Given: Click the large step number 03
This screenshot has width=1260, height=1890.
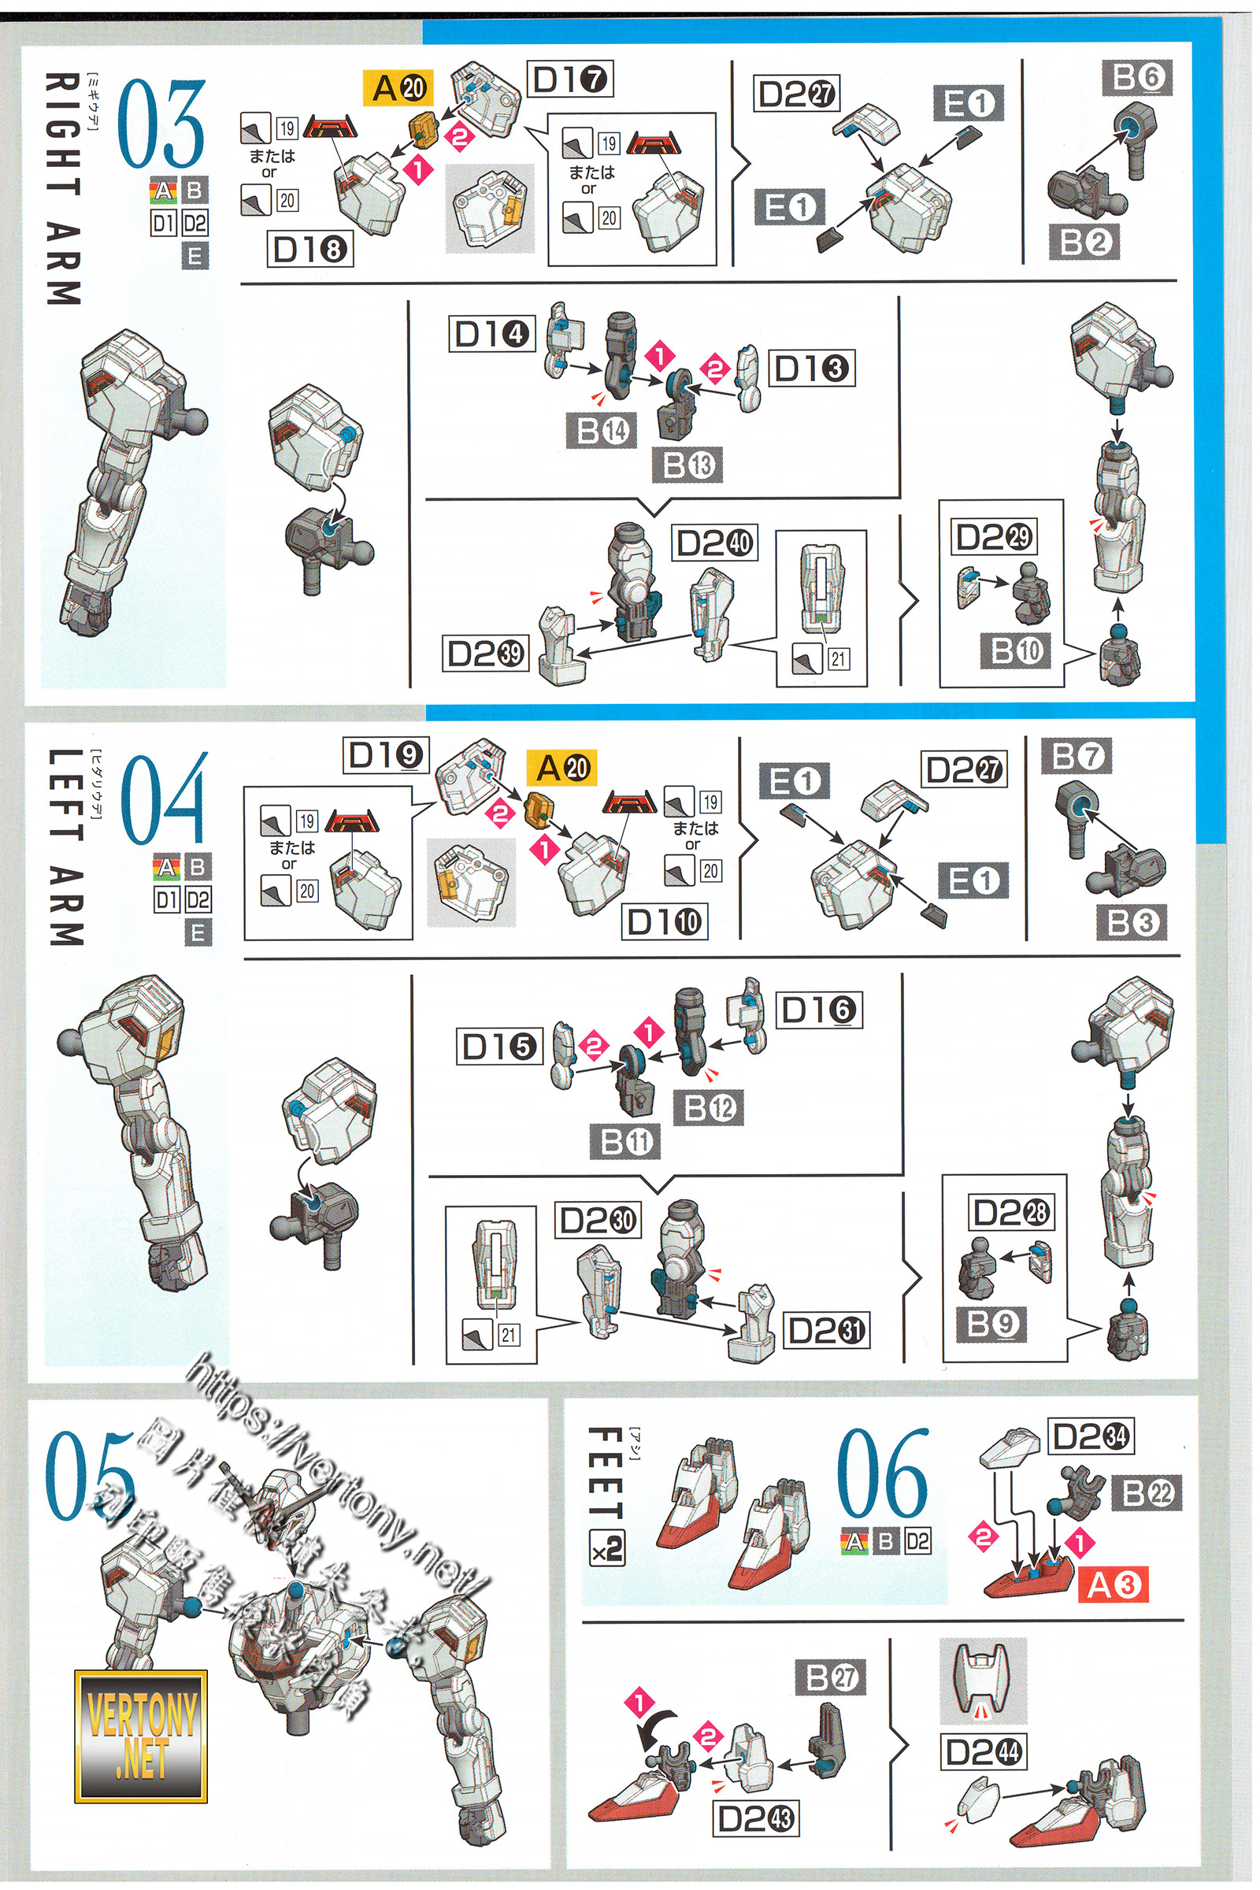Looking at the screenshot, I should pyautogui.click(x=161, y=123).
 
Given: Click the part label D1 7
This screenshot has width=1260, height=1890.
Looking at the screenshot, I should pyautogui.click(x=569, y=80).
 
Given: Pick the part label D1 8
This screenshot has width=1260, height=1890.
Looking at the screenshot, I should pyautogui.click(x=309, y=250).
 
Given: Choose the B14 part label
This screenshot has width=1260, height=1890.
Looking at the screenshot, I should pyautogui.click(x=602, y=432).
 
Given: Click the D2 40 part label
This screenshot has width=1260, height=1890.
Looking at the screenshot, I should pyautogui.click(x=714, y=544).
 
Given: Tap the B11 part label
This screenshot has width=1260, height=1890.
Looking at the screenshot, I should pyautogui.click(x=624, y=1141).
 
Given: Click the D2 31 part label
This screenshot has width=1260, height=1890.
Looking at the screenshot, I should pyautogui.click(x=825, y=1331).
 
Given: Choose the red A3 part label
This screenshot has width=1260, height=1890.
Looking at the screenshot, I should pyautogui.click(x=1114, y=1584).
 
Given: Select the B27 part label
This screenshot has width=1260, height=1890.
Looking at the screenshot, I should pyautogui.click(x=831, y=1677).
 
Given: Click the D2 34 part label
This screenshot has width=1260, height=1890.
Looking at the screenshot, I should pyautogui.click(x=1091, y=1435).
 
